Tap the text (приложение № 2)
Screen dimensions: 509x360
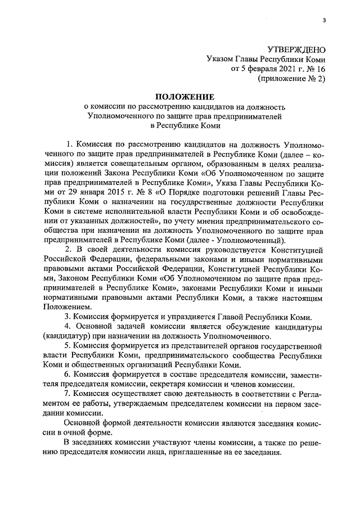(x=291, y=79)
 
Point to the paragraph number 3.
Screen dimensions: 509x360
(x=68, y=317)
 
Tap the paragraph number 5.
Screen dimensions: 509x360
(x=68, y=346)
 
